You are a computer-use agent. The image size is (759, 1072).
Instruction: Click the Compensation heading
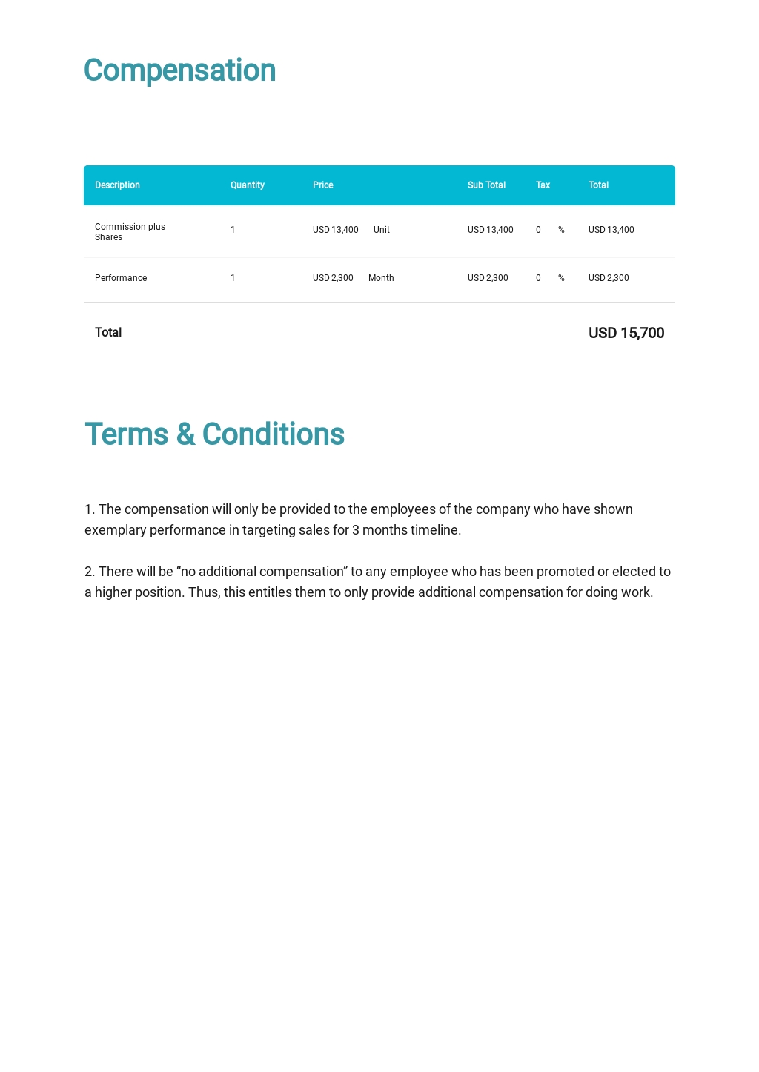(x=179, y=70)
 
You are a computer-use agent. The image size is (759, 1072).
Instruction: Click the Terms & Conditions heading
(x=214, y=434)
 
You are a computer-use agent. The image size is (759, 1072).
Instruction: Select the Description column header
(x=117, y=185)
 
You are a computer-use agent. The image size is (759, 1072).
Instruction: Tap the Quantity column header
(x=247, y=185)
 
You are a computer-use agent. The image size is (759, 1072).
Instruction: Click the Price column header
(x=322, y=185)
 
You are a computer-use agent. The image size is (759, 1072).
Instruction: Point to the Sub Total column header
(x=486, y=185)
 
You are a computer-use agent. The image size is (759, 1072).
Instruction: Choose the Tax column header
(x=543, y=185)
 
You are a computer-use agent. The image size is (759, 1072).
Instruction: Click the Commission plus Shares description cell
(x=130, y=232)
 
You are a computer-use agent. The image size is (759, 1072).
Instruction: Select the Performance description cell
(x=121, y=278)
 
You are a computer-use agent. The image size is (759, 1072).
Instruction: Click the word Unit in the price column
(x=381, y=230)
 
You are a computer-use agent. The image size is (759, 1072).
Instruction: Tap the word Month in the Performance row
(x=381, y=278)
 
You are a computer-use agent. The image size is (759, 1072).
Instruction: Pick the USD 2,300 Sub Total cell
(x=488, y=278)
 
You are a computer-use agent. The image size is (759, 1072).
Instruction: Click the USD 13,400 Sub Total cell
(x=490, y=230)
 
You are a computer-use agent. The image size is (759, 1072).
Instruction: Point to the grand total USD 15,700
(x=626, y=333)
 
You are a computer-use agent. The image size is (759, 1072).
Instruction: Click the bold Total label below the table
(x=108, y=332)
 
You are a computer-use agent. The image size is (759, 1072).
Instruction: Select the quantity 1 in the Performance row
(x=233, y=278)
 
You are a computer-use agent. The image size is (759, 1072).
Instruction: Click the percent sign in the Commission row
(x=561, y=230)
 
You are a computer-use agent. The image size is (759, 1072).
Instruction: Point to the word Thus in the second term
(x=202, y=592)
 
